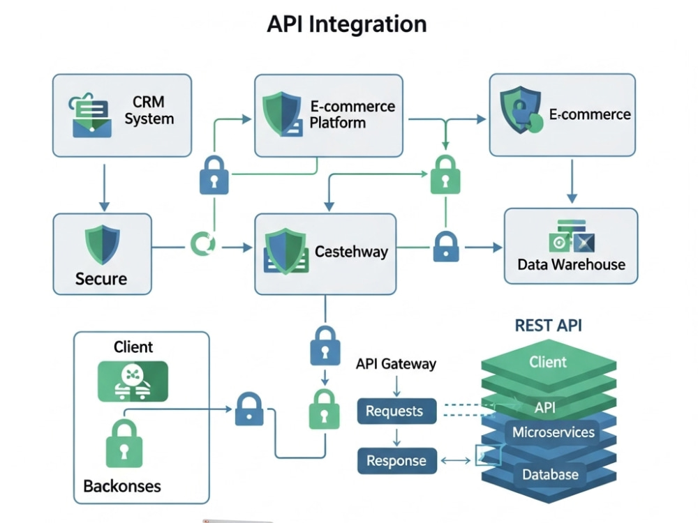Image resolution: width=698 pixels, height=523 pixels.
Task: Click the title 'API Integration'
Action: [346, 24]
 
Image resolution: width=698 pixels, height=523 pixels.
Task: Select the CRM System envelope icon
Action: [91, 115]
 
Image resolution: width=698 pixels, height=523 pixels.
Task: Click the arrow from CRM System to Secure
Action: [104, 188]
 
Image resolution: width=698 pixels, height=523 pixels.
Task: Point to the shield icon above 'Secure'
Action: [103, 244]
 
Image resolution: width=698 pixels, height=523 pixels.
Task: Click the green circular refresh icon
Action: [203, 243]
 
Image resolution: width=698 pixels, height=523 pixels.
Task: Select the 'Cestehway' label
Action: [351, 252]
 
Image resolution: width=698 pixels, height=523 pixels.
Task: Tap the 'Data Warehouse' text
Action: [571, 264]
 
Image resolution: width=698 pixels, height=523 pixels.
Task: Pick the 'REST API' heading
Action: [548, 326]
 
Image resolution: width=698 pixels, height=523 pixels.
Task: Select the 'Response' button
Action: [397, 461]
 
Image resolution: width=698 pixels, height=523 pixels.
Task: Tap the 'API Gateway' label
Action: [396, 364]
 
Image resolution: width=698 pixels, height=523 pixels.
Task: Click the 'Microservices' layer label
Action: [554, 432]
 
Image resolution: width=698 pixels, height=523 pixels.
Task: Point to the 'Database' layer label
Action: [550, 474]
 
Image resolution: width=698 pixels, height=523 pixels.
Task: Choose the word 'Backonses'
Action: [122, 486]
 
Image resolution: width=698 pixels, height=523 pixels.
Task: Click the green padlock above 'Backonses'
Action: [124, 444]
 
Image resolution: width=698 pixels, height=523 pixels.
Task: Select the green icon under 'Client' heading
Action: [133, 381]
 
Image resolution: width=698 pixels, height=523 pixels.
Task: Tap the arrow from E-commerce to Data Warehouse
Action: [572, 181]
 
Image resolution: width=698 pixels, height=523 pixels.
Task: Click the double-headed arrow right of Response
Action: [455, 461]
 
